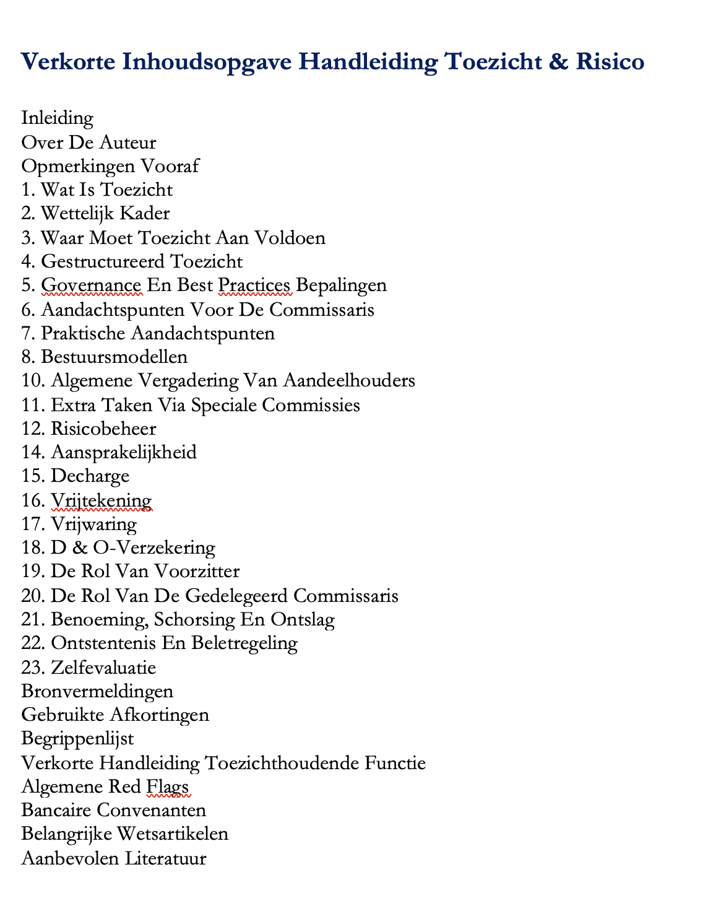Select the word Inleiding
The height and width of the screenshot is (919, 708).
[57, 118]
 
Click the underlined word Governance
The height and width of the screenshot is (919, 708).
[91, 285]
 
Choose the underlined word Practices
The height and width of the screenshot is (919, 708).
[254, 285]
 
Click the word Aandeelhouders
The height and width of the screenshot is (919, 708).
[349, 380]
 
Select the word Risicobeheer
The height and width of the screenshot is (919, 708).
[103, 429]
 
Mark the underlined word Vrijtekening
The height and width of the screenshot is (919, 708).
[101, 500]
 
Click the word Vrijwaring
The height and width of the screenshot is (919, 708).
[93, 524]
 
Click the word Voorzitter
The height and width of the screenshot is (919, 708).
[199, 571]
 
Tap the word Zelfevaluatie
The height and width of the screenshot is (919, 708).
[103, 668]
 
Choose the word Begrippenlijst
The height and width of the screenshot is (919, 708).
[77, 738]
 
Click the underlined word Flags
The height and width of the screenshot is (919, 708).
[167, 786]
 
